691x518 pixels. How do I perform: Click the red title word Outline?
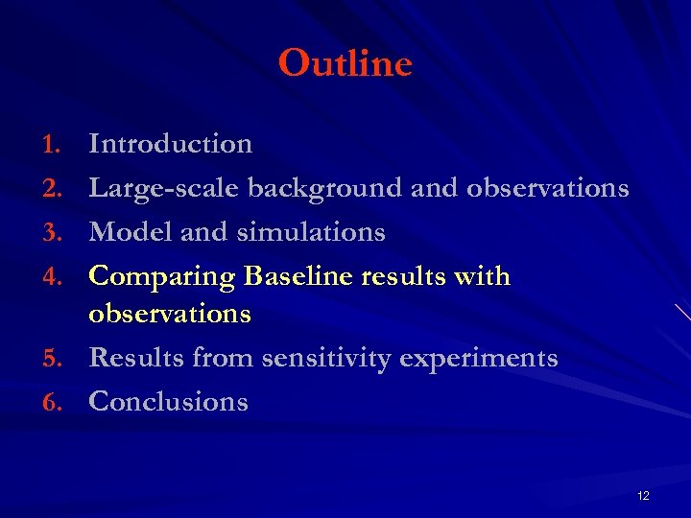click(x=345, y=64)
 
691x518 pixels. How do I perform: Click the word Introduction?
click(x=171, y=144)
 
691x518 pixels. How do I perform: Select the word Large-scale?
click(x=164, y=189)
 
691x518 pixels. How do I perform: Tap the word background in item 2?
click(x=324, y=188)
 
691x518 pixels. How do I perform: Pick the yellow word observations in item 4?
click(x=170, y=314)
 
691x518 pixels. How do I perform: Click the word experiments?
click(x=478, y=360)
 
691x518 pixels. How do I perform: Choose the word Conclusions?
click(x=168, y=402)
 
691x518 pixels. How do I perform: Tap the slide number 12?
click(x=643, y=495)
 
